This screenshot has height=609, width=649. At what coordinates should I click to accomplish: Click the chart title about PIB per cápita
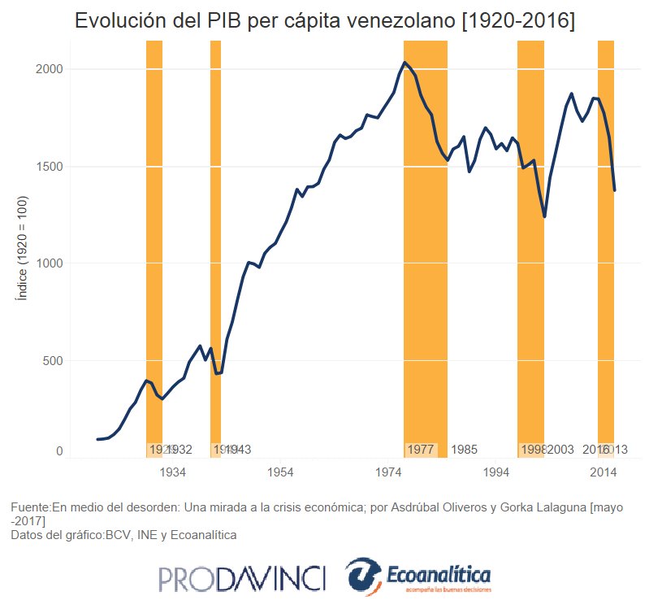tap(324, 22)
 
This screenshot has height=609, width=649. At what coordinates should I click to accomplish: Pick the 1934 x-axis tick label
tap(173, 472)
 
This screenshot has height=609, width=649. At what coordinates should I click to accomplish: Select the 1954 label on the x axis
tap(280, 472)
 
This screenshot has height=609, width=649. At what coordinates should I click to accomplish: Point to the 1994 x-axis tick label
tap(495, 472)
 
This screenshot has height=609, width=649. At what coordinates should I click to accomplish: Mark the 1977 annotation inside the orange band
tap(420, 450)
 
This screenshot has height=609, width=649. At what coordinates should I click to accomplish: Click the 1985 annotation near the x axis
tap(464, 450)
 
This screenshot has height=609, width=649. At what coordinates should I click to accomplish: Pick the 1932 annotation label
tap(180, 450)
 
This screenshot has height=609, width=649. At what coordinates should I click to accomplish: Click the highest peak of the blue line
tap(405, 63)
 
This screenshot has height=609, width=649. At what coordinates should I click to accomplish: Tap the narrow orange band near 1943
tap(215, 244)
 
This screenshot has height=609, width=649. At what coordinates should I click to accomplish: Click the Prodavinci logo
tap(242, 579)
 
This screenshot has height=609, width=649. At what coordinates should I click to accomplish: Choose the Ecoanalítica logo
tap(418, 576)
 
